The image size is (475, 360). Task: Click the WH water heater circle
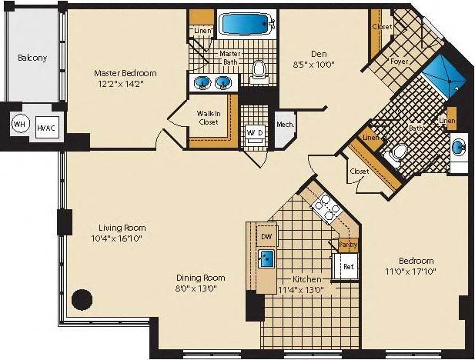pos(18,123)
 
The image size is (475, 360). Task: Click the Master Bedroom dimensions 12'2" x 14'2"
pos(125,85)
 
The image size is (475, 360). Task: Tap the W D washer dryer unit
pos(255,132)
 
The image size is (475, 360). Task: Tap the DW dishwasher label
pos(266,236)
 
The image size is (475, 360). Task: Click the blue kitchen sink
pos(268,258)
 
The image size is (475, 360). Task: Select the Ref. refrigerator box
pos(347,268)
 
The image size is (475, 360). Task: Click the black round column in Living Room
pos(81,298)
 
